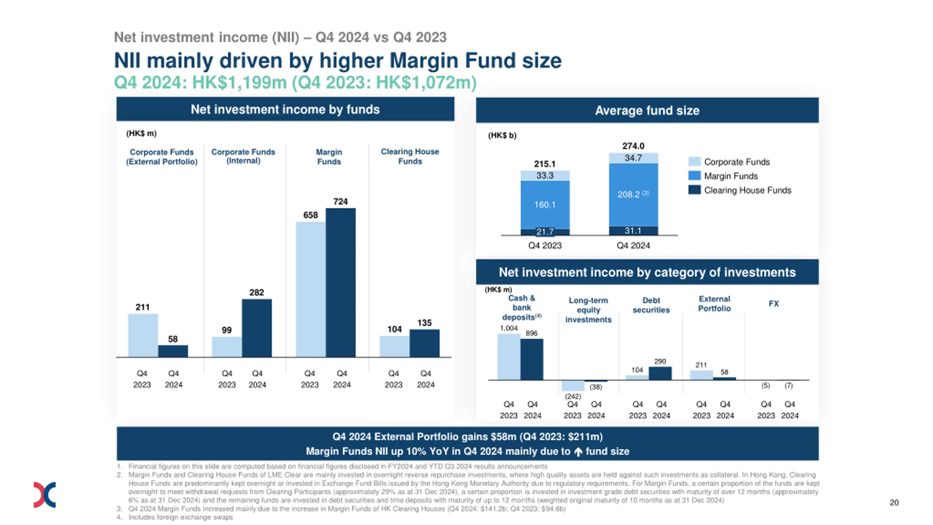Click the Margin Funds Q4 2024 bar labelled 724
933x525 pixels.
coord(340,282)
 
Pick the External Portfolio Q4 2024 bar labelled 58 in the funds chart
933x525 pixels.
coord(173,351)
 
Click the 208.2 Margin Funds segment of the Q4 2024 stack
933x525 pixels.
coord(633,194)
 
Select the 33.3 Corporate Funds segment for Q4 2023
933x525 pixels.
coord(545,175)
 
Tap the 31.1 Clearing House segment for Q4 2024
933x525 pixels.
coord(633,231)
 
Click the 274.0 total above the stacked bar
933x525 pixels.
coord(633,146)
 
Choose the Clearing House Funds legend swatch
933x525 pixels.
coord(694,190)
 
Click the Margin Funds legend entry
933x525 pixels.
coord(731,176)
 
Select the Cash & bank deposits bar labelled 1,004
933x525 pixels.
coord(509,357)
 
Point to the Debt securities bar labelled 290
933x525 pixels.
coord(660,373)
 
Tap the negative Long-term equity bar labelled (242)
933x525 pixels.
coord(573,386)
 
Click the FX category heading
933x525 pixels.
coord(773,304)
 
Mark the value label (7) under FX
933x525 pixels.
coord(788,386)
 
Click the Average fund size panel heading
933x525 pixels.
coord(647,111)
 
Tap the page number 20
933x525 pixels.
coord(894,503)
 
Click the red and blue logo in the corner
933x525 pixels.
coord(44,495)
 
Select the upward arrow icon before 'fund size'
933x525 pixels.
coord(578,452)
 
